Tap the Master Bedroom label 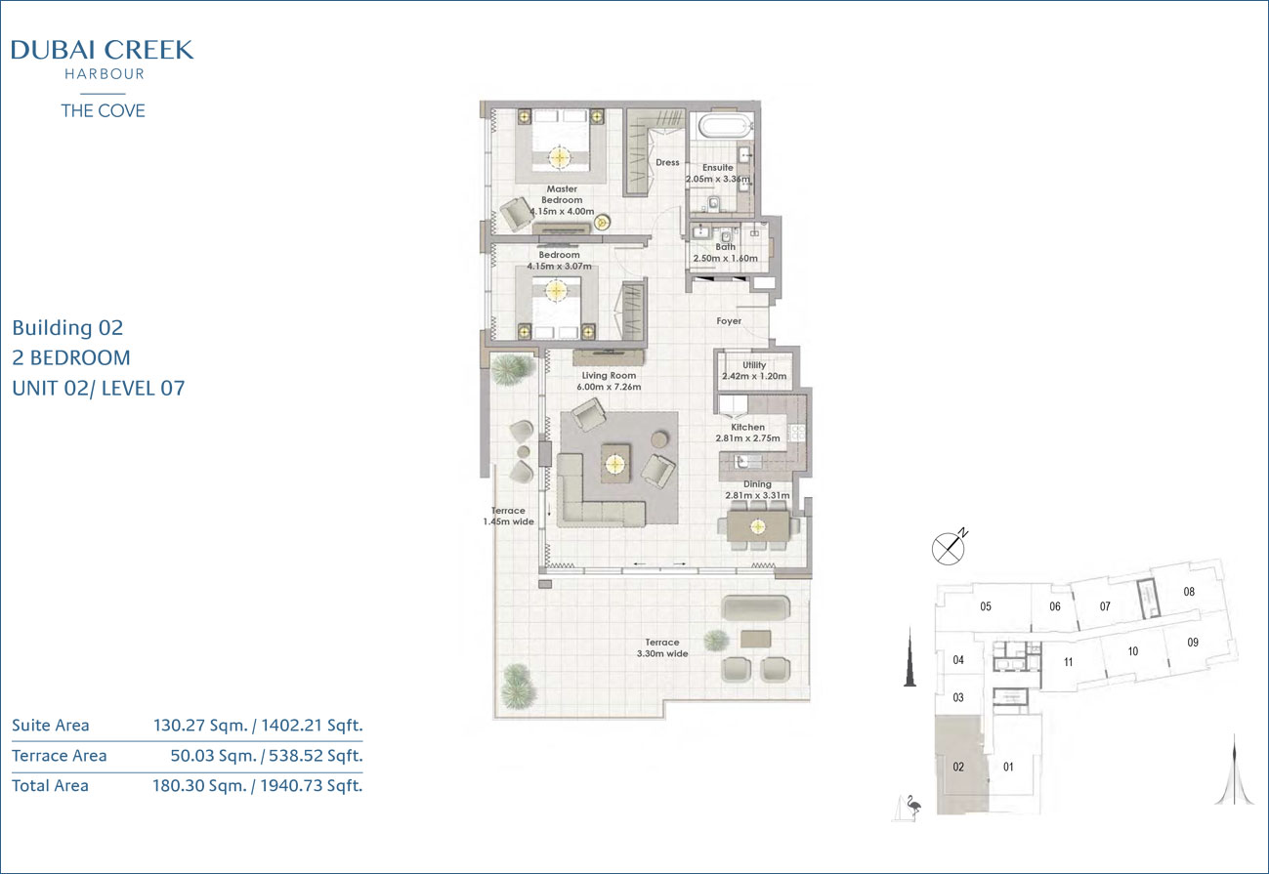coord(562,194)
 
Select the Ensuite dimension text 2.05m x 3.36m coord(718,179)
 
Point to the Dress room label coord(667,162)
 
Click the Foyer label coord(729,321)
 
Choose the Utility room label coord(754,365)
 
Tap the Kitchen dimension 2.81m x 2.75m coord(747,438)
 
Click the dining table coord(758,526)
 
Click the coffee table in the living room coord(615,464)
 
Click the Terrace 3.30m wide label coord(662,648)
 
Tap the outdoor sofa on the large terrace coord(756,607)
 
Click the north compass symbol coord(949,548)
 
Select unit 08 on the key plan coord(1189,592)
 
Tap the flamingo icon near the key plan coord(912,806)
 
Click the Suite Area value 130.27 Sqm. coord(200,726)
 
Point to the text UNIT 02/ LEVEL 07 coord(99,389)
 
